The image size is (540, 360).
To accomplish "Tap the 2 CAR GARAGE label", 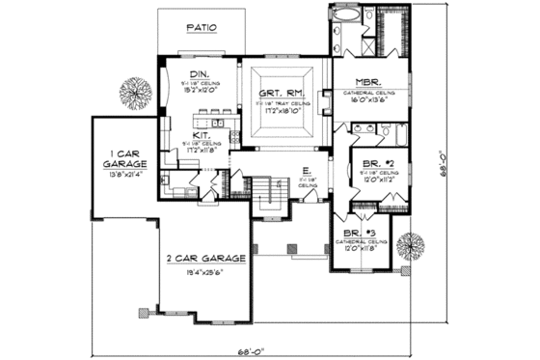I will [204, 260].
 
